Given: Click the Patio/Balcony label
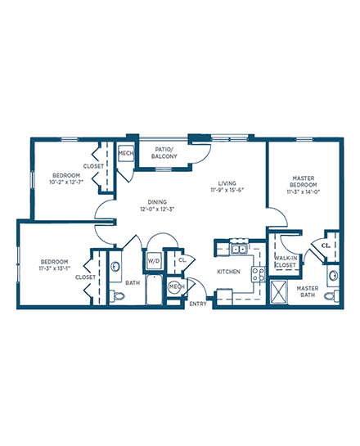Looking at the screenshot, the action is [x=164, y=153].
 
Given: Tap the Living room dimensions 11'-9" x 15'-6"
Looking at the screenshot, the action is [x=227, y=191].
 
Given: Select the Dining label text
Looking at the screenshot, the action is [x=157, y=202].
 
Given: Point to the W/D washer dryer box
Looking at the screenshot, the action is [x=154, y=261].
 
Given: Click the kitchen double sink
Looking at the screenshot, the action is [x=239, y=250].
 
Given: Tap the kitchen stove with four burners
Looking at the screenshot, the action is [x=258, y=274].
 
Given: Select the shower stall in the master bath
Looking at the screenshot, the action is [x=278, y=291].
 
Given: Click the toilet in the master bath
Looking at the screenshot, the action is [x=331, y=295].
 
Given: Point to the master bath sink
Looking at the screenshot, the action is [x=333, y=275].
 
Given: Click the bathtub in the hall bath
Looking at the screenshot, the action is [x=154, y=289].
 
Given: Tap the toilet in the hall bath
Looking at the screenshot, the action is [x=117, y=296].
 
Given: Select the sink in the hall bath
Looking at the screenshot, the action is [x=115, y=267].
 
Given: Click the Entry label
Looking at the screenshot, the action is [x=198, y=304].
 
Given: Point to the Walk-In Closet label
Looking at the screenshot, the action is [x=286, y=261].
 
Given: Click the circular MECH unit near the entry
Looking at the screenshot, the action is [x=177, y=286].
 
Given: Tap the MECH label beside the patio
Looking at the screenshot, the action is [x=125, y=153].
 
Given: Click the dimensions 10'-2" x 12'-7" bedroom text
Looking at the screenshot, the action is [x=66, y=182].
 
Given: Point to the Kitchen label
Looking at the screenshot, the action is [x=228, y=272].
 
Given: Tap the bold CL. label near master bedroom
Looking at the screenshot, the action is [x=326, y=246].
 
